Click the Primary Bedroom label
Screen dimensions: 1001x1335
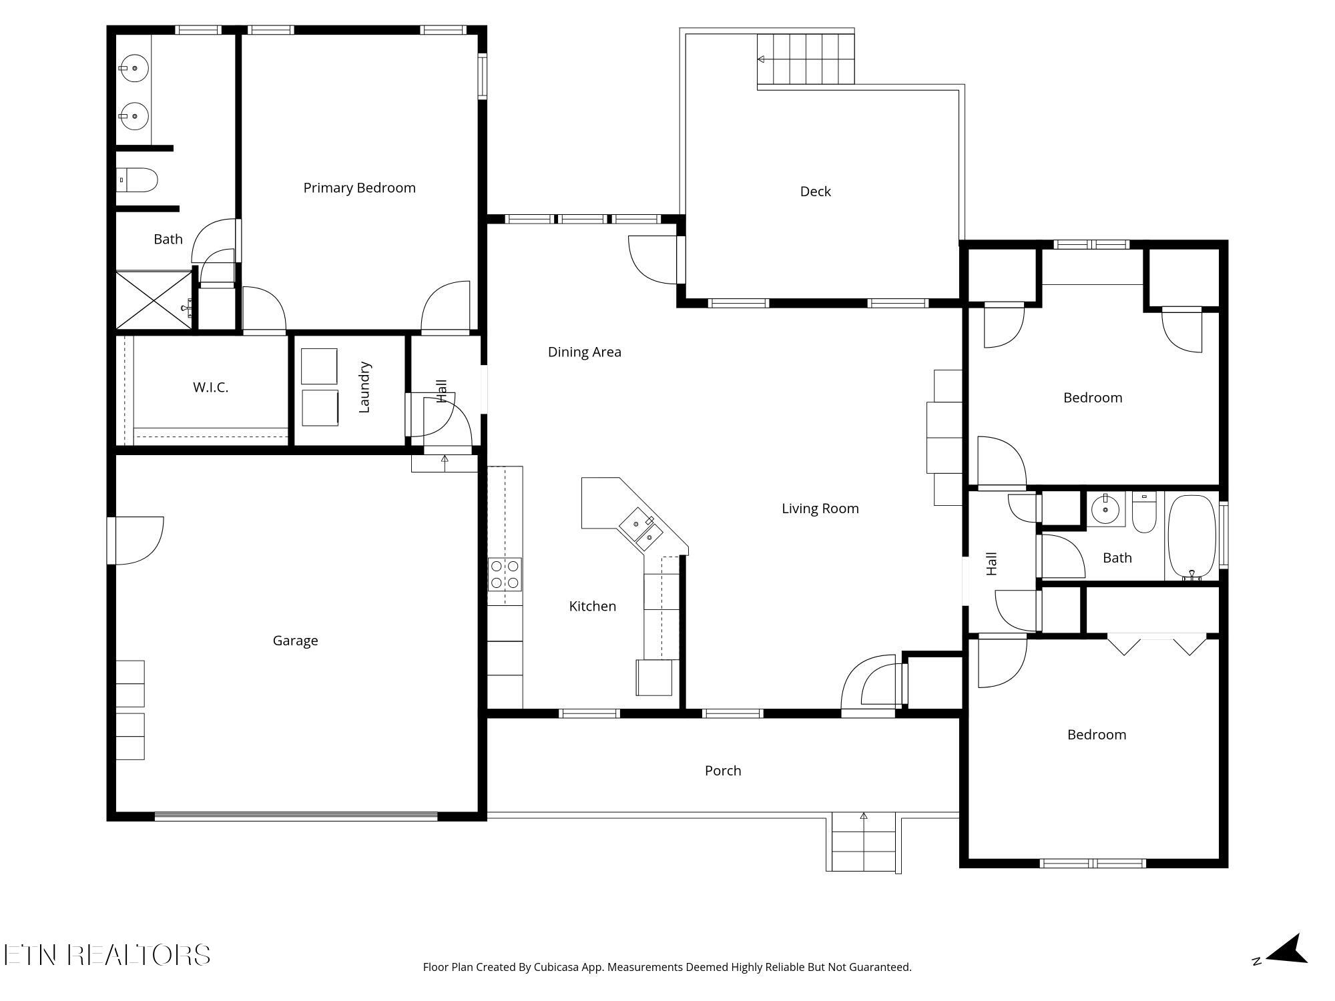pyautogui.click(x=359, y=188)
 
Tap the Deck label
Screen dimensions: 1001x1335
pyautogui.click(x=815, y=192)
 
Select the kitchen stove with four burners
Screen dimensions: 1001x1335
pyautogui.click(x=505, y=575)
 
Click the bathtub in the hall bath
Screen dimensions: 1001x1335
pyautogui.click(x=1191, y=537)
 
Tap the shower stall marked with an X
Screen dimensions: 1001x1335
pyautogui.click(x=154, y=300)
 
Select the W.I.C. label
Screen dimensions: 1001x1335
pyautogui.click(x=210, y=387)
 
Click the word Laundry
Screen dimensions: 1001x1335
pyautogui.click(x=364, y=387)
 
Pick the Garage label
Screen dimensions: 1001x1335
pyautogui.click(x=295, y=641)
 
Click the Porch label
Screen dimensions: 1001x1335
pyautogui.click(x=723, y=771)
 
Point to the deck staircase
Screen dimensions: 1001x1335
pyautogui.click(x=806, y=59)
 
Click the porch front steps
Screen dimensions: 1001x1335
pyautogui.click(x=863, y=844)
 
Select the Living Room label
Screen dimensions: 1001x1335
pyautogui.click(x=820, y=509)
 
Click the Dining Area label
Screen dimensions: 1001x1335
pyautogui.click(x=584, y=352)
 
